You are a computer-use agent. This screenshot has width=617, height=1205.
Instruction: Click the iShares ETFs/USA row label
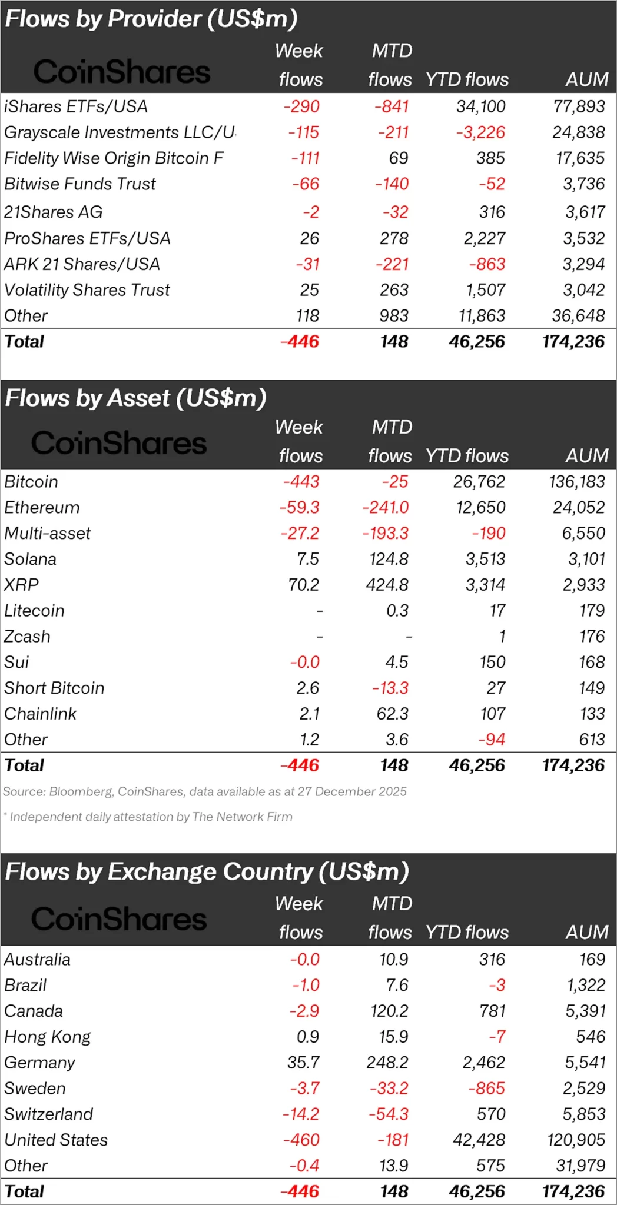pyautogui.click(x=76, y=106)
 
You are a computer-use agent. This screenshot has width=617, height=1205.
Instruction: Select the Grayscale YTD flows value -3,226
pyautogui.click(x=480, y=132)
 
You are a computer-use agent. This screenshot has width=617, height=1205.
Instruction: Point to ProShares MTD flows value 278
pyautogui.click(x=394, y=238)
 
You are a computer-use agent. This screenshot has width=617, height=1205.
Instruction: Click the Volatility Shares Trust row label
pyautogui.click(x=87, y=290)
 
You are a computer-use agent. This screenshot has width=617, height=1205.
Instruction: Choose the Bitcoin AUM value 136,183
pyautogui.click(x=576, y=482)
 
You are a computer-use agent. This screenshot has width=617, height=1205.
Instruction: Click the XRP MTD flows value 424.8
pyautogui.click(x=389, y=585)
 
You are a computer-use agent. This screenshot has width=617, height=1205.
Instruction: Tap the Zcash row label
pyautogui.click(x=27, y=637)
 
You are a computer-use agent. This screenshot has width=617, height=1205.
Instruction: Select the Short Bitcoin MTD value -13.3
pyautogui.click(x=390, y=688)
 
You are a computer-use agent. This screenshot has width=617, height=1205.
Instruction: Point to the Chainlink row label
pyautogui.click(x=40, y=714)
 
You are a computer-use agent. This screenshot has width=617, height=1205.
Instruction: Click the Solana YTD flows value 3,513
pyautogui.click(x=485, y=559)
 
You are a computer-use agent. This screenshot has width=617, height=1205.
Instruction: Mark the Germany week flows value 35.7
pyautogui.click(x=303, y=1063)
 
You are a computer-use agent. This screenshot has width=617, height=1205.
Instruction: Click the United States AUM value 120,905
pyautogui.click(x=576, y=1140)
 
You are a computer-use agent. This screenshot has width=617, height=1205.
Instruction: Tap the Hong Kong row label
pyautogui.click(x=48, y=1037)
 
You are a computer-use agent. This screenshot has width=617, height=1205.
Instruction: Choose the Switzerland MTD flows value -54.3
pyautogui.click(x=389, y=1114)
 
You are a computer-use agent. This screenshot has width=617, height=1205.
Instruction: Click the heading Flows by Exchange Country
pyautogui.click(x=207, y=871)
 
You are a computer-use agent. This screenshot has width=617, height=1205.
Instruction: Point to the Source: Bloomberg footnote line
pyautogui.click(x=205, y=791)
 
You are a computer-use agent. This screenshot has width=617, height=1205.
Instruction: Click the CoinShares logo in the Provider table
pyautogui.click(x=121, y=72)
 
